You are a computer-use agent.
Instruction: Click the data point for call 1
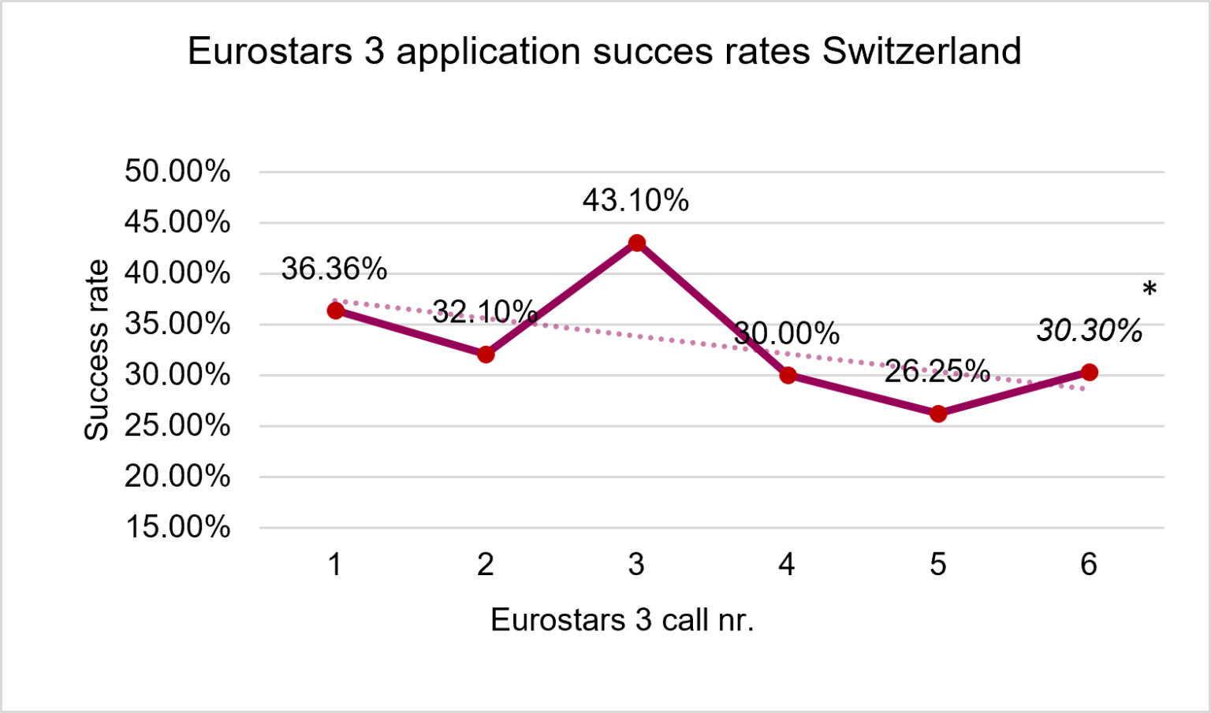click(335, 310)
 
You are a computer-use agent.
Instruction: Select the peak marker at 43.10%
click(637, 243)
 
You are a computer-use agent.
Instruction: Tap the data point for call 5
click(938, 414)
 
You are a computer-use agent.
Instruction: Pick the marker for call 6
click(1090, 372)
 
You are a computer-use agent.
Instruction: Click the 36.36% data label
click(334, 269)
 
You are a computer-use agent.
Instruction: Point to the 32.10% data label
click(485, 312)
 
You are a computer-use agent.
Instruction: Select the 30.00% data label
click(787, 334)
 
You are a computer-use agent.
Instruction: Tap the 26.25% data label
click(937, 371)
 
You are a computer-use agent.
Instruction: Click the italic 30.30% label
click(1090, 331)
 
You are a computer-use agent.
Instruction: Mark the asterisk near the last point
click(1150, 290)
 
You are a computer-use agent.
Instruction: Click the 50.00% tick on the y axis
click(177, 171)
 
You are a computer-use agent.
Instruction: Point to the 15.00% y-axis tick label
click(177, 527)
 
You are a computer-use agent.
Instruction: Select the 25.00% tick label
click(177, 425)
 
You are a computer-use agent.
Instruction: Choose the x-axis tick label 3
click(636, 564)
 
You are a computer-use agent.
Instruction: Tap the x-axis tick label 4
click(787, 564)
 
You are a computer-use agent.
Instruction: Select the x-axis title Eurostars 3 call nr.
click(622, 620)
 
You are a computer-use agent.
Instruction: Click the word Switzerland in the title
click(921, 51)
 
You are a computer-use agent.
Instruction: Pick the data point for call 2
click(486, 355)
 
